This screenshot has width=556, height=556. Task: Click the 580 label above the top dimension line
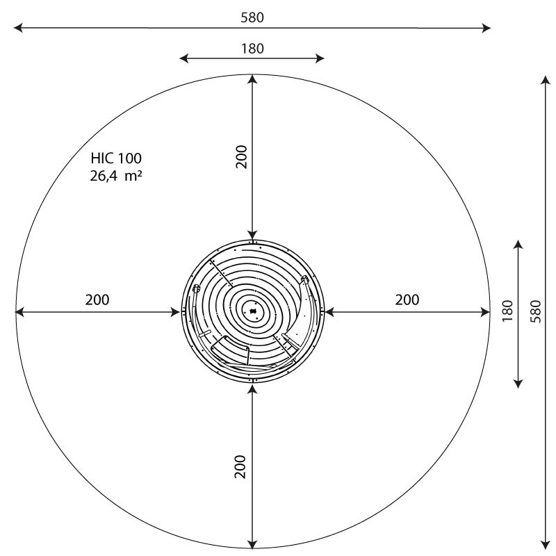click(252, 17)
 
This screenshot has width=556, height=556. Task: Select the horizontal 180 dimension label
click(252, 49)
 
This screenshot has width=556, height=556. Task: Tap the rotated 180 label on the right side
click(508, 311)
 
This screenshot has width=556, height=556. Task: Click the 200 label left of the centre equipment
click(97, 300)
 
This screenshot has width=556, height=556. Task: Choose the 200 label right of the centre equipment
click(407, 300)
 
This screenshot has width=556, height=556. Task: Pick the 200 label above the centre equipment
click(241, 157)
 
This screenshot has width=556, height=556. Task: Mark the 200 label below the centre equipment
click(240, 466)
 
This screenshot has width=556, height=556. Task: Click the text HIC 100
click(116, 158)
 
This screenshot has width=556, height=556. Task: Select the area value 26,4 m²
click(116, 176)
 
